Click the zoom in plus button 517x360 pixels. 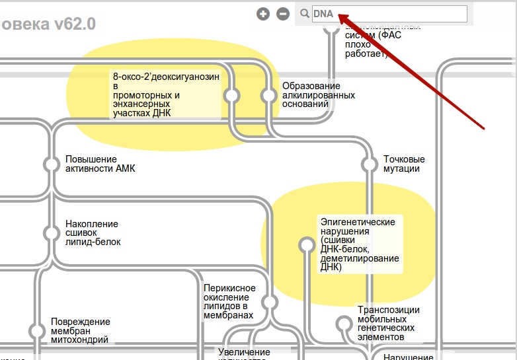click(x=263, y=14)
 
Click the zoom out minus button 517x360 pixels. click(x=283, y=14)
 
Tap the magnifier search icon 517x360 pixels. click(x=305, y=14)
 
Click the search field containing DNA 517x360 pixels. click(x=389, y=14)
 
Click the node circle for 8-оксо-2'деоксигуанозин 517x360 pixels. click(x=231, y=96)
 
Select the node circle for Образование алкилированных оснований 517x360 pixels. click(x=268, y=96)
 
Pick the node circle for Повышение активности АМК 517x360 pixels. click(x=52, y=164)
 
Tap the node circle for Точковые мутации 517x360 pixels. click(x=370, y=164)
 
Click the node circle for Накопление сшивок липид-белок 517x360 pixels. click(x=52, y=233)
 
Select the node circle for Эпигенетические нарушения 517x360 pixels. click(x=306, y=245)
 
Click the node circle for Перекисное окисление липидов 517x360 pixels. click(x=269, y=303)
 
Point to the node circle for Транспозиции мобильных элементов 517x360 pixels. click(x=344, y=324)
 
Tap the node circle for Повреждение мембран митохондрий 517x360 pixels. click(x=37, y=331)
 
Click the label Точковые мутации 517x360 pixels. click(x=404, y=164)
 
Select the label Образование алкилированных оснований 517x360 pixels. click(x=311, y=95)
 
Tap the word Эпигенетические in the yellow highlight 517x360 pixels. click(x=358, y=222)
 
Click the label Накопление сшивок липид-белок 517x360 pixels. click(x=93, y=233)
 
